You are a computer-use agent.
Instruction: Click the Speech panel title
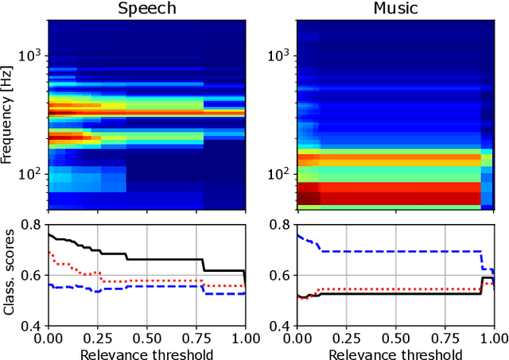(146, 9)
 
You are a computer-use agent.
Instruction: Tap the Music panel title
(395, 9)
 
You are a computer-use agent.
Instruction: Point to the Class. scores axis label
(10, 275)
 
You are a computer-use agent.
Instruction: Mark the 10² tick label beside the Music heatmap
(281, 172)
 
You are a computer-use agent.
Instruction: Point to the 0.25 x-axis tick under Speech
(98, 339)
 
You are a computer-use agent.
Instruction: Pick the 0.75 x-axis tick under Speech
(196, 339)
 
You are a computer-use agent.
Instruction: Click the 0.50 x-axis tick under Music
(395, 339)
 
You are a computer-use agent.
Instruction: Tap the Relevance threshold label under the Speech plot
(146, 352)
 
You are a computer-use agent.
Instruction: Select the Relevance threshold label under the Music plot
(395, 352)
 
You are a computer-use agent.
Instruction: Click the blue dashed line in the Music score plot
(398, 251)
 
